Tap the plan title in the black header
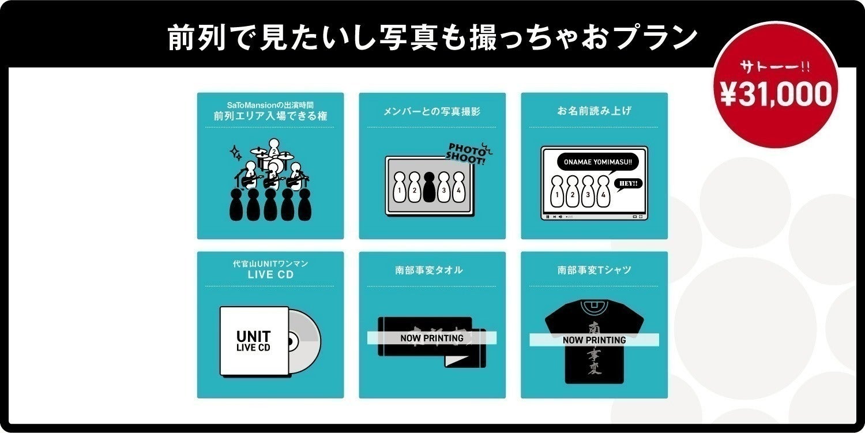coord(432,38)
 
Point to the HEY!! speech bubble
coord(627,184)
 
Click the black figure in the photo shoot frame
coord(428,187)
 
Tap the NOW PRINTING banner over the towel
coord(432,338)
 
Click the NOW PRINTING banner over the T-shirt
coord(594,340)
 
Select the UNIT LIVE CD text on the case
coord(253,341)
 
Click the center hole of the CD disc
coord(290,342)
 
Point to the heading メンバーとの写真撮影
coord(432,111)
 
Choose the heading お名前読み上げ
coord(594,111)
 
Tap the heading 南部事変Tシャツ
coord(594,270)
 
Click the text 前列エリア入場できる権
coord(270,116)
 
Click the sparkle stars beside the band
coord(235,153)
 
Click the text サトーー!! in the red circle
coord(776,67)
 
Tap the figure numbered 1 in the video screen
coord(556,191)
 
